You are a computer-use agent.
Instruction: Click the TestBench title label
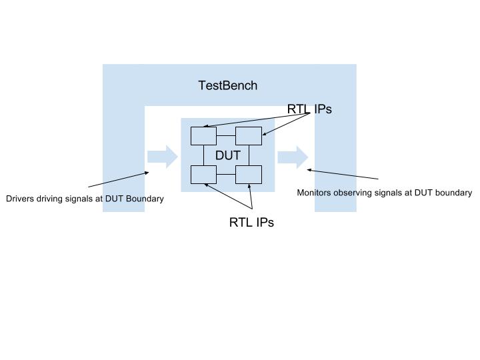coord(227,85)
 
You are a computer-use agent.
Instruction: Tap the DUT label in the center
coord(227,155)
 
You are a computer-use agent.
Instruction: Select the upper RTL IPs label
coord(309,109)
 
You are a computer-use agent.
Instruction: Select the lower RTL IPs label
coord(251,223)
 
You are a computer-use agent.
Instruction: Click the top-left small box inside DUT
coord(203,135)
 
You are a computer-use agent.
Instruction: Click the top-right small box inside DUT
coord(249,135)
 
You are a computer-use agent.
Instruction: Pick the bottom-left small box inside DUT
coord(203,175)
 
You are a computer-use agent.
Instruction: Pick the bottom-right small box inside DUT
coord(249,175)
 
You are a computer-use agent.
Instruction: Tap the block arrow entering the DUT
coord(162,157)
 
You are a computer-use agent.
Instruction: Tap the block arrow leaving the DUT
coord(293,157)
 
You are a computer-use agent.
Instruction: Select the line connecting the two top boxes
coord(226,135)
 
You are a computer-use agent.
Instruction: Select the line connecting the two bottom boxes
coord(226,175)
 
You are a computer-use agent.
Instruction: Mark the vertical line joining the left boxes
coord(203,155)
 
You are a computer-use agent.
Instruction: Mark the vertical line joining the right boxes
coord(249,155)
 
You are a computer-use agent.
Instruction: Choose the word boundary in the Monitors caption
coord(453,193)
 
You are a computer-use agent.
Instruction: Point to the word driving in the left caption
coord(51,199)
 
